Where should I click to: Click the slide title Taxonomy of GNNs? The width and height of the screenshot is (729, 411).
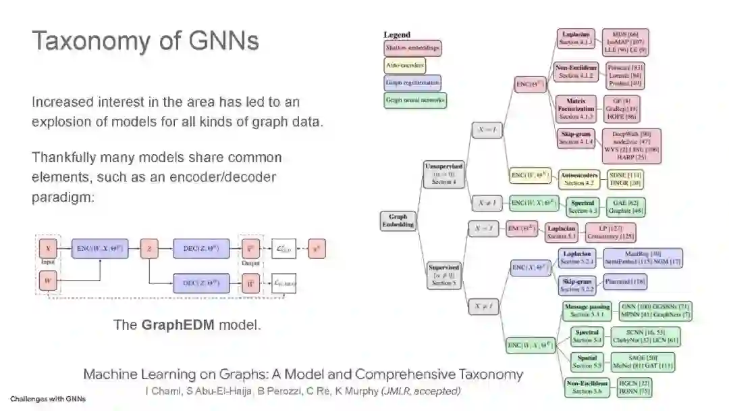click(x=145, y=41)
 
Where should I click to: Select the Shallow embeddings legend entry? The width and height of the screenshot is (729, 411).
click(x=412, y=48)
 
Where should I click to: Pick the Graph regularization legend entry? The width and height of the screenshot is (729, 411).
click(x=412, y=83)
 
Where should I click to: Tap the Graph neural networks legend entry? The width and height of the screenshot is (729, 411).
click(x=415, y=101)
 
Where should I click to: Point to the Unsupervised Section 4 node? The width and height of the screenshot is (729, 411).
click(x=443, y=172)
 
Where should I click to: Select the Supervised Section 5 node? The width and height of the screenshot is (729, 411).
click(x=443, y=275)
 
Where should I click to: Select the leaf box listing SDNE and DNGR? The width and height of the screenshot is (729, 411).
click(x=624, y=178)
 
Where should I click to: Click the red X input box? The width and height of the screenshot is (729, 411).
click(x=48, y=249)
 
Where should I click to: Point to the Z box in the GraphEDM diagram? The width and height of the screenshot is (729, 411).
click(x=149, y=249)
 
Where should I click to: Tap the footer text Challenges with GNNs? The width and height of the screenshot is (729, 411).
click(x=48, y=399)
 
